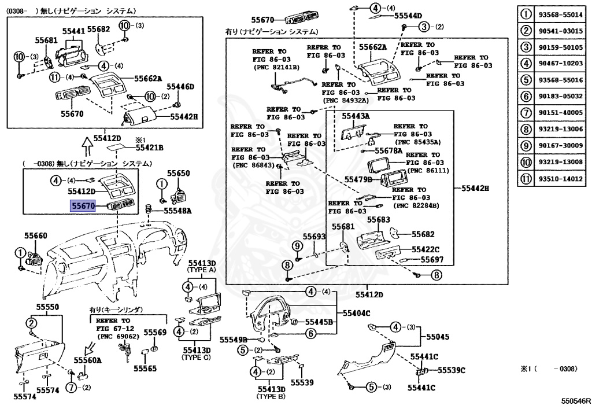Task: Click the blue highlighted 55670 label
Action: point(82,205)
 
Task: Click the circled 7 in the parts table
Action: point(526,113)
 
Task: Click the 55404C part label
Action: point(356,313)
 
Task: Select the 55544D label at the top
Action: point(408,16)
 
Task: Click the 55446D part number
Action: point(180,87)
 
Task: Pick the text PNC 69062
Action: point(119,336)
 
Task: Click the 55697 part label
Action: point(431,260)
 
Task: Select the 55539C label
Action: point(452,370)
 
